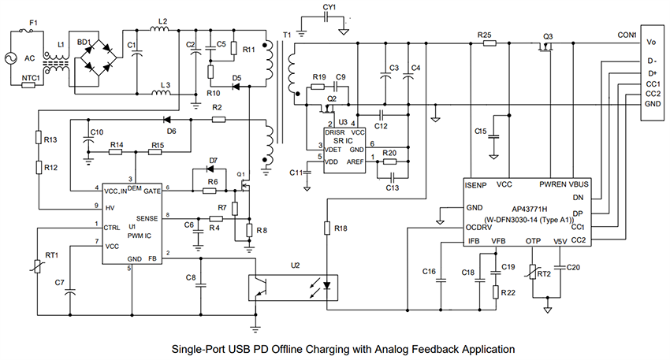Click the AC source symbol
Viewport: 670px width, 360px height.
pyautogui.click(x=14, y=58)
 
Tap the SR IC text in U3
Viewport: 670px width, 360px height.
pyautogui.click(x=340, y=139)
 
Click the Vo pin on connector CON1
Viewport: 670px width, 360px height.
pyautogui.click(x=651, y=42)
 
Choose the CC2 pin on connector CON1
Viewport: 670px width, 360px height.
pyautogui.click(x=652, y=94)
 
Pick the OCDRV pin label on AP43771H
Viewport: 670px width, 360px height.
pyautogui.click(x=479, y=226)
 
